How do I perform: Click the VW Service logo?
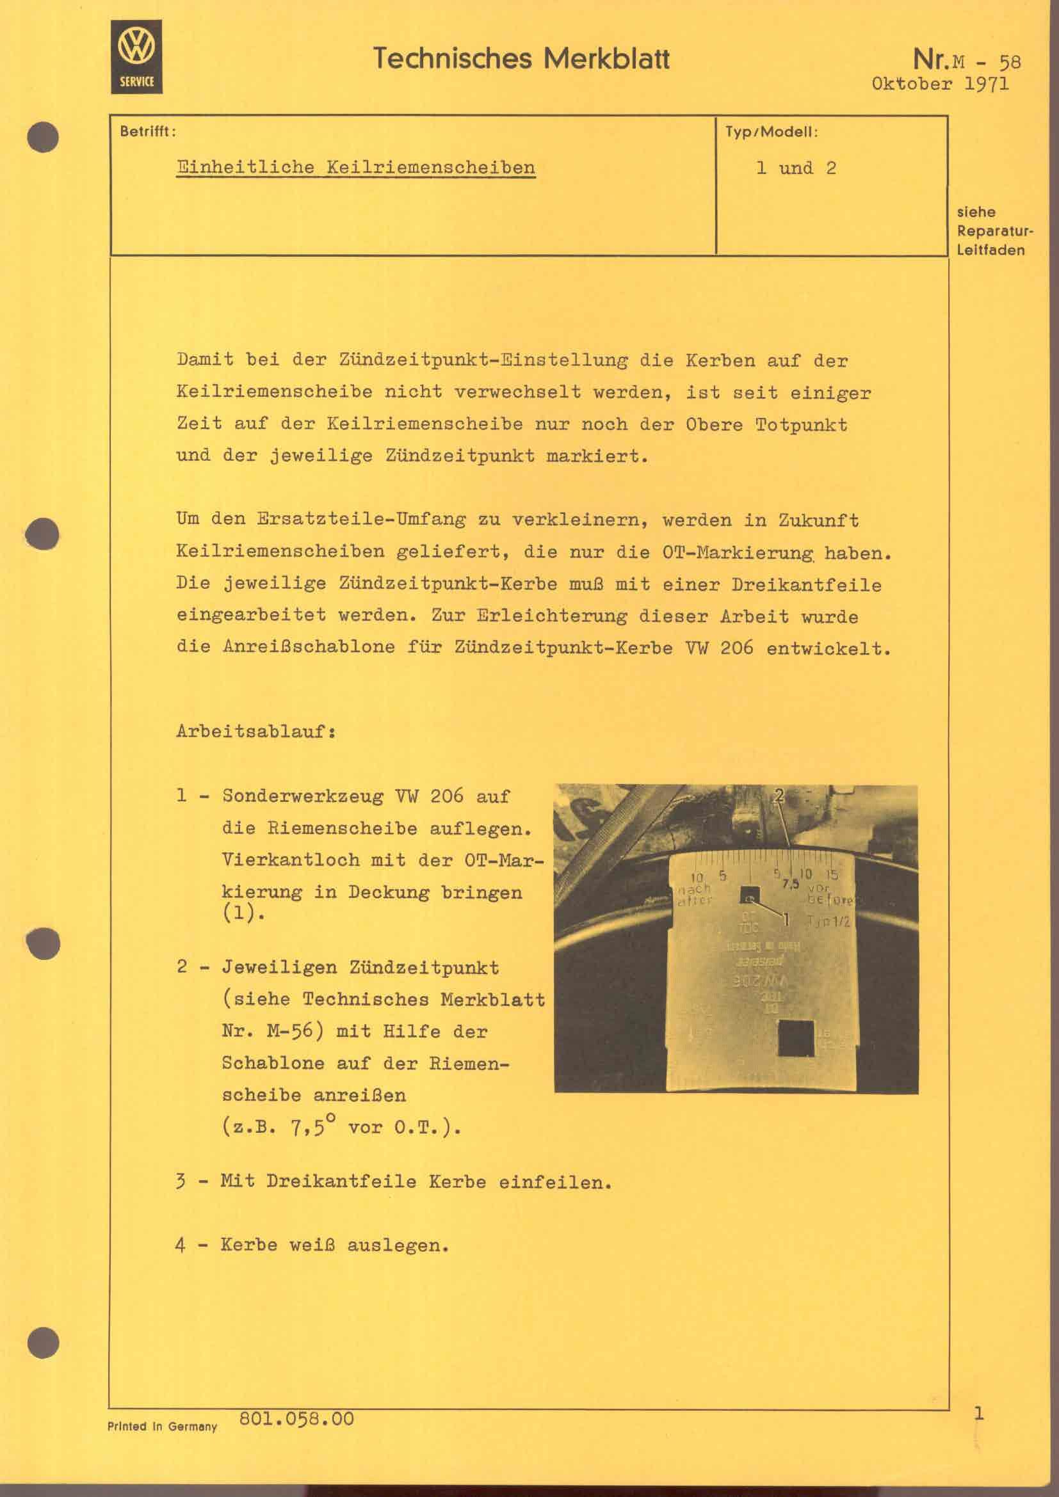click(136, 57)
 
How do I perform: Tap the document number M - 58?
click(987, 62)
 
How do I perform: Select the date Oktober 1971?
click(940, 83)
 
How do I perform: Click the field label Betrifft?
click(148, 131)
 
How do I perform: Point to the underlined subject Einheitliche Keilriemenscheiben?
click(356, 168)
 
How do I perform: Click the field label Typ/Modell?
click(772, 132)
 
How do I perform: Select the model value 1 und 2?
click(796, 168)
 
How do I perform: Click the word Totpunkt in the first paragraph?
click(801, 425)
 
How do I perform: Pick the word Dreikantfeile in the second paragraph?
click(806, 584)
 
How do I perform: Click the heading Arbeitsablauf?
click(256, 731)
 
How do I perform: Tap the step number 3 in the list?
click(181, 1181)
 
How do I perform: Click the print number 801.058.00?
click(296, 1419)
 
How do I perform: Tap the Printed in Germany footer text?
click(162, 1427)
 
